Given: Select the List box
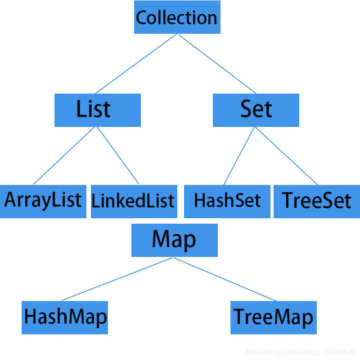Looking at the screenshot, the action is (x=97, y=110).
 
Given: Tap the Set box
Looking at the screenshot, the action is (x=256, y=110).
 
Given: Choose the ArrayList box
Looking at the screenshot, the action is (x=43, y=201).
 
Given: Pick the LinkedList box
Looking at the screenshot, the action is (x=133, y=201).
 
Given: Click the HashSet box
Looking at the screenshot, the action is (x=227, y=201).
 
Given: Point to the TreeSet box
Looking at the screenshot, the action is (x=316, y=201).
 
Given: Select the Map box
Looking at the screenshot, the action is (x=174, y=240).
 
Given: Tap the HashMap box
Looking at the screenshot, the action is (x=65, y=317).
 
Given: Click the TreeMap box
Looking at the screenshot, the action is (x=273, y=317).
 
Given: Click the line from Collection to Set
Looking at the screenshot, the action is (x=217, y=63).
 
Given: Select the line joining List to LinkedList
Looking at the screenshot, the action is (x=117, y=155).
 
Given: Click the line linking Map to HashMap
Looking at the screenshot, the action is (x=117, y=279).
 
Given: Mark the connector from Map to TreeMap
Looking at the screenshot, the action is (x=225, y=279).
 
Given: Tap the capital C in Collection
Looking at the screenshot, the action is (x=142, y=18).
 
